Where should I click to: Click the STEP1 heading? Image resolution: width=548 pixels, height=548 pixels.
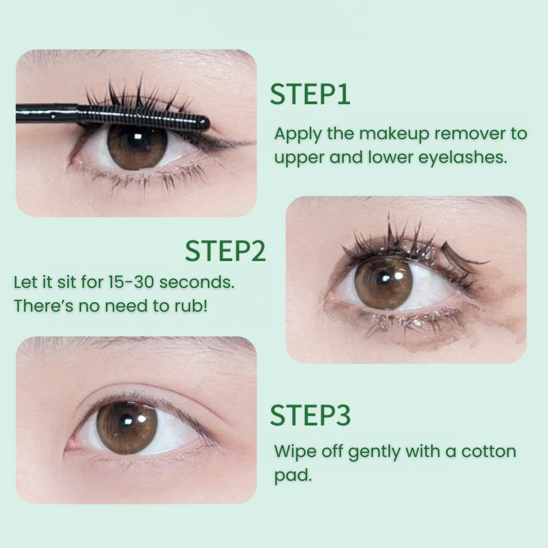pos(310,95)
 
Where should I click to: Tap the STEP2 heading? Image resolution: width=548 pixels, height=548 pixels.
pos(225,251)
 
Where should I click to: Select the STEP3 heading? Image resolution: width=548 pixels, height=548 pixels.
pos(310,416)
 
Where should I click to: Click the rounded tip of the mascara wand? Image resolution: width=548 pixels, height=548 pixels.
pos(204,124)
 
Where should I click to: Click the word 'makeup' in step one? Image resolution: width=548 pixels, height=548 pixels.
pos(394,133)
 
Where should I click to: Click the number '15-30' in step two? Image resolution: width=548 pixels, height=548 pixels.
pos(131,282)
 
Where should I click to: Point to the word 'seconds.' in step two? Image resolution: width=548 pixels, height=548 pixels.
pos(197,282)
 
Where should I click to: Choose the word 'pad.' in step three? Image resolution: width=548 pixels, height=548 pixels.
pos(293,476)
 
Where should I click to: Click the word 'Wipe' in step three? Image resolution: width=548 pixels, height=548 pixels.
pos(295,452)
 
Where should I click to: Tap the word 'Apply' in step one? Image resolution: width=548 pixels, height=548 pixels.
pos(298,134)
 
